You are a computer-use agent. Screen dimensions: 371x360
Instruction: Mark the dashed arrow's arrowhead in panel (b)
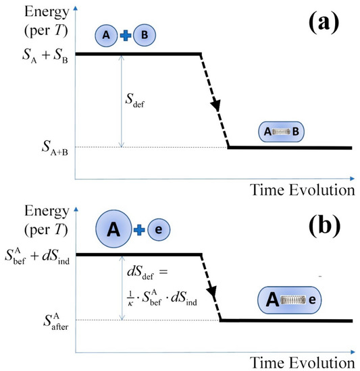[213, 294]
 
